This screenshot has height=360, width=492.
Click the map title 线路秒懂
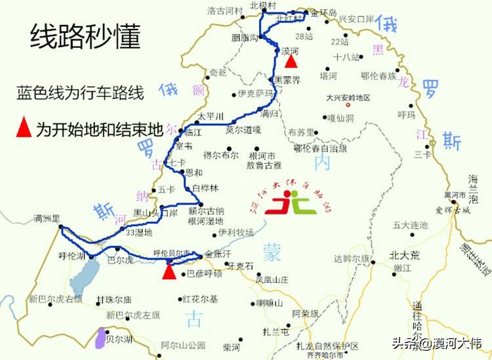point(85,38)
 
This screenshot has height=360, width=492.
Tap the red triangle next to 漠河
point(291,61)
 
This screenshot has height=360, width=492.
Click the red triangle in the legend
point(24,129)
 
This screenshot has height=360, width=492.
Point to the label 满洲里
point(47,218)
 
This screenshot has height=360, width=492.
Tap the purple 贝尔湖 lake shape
point(100,338)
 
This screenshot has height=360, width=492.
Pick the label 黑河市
point(454,195)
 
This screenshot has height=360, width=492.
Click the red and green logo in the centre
point(295,203)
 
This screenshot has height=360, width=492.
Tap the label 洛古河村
point(225,10)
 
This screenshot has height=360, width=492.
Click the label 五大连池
point(410,226)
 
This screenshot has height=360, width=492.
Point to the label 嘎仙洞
point(340,118)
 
